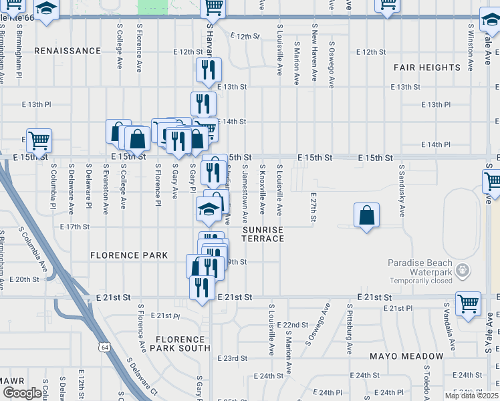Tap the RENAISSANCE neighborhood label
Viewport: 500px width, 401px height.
pyautogui.click(x=67, y=51)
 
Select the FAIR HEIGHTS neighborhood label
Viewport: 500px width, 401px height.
pyautogui.click(x=427, y=68)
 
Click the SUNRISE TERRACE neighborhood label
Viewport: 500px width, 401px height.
pyautogui.click(x=263, y=234)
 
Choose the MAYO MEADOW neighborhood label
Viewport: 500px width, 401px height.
pyautogui.click(x=406, y=356)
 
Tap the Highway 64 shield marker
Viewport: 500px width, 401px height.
pyautogui.click(x=103, y=348)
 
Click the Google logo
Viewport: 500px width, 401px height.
pyautogui.click(x=21, y=393)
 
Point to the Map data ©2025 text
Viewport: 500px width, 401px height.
pyautogui.click(x=471, y=396)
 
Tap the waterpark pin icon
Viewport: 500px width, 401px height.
pyautogui.click(x=461, y=269)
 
